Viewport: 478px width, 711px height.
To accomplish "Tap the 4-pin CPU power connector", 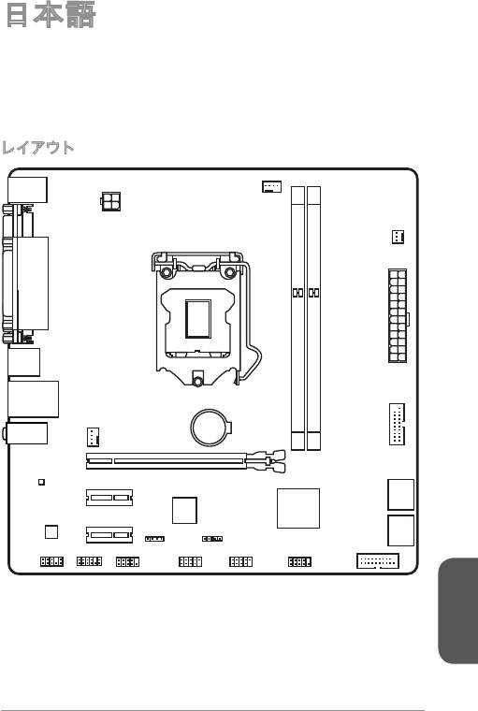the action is tap(110, 201).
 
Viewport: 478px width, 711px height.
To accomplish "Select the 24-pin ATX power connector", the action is tap(398, 315).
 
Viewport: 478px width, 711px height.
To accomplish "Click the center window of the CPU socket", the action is tap(198, 319).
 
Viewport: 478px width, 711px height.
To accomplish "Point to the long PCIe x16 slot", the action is tap(167, 460).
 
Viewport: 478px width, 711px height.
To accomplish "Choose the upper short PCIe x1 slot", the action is tap(109, 498).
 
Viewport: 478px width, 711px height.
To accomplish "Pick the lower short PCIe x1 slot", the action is tap(109, 534).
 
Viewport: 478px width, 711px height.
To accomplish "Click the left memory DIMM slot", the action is tap(298, 318).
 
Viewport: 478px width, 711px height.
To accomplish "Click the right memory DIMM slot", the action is tap(313, 318).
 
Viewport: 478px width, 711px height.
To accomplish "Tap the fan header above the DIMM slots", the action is tap(271, 186).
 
